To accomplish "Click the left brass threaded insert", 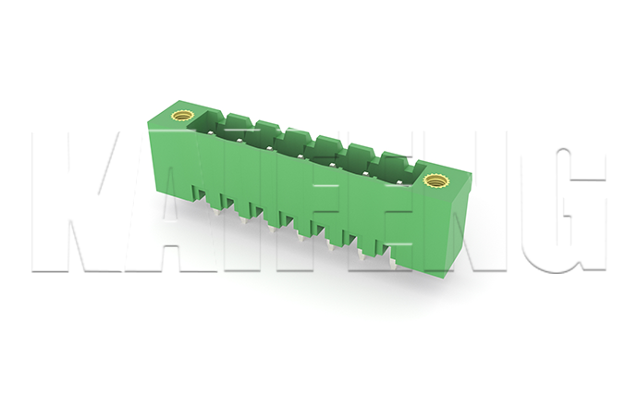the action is tap(181, 117).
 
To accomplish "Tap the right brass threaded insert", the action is tap(435, 180).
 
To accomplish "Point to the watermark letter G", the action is tap(571, 209).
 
